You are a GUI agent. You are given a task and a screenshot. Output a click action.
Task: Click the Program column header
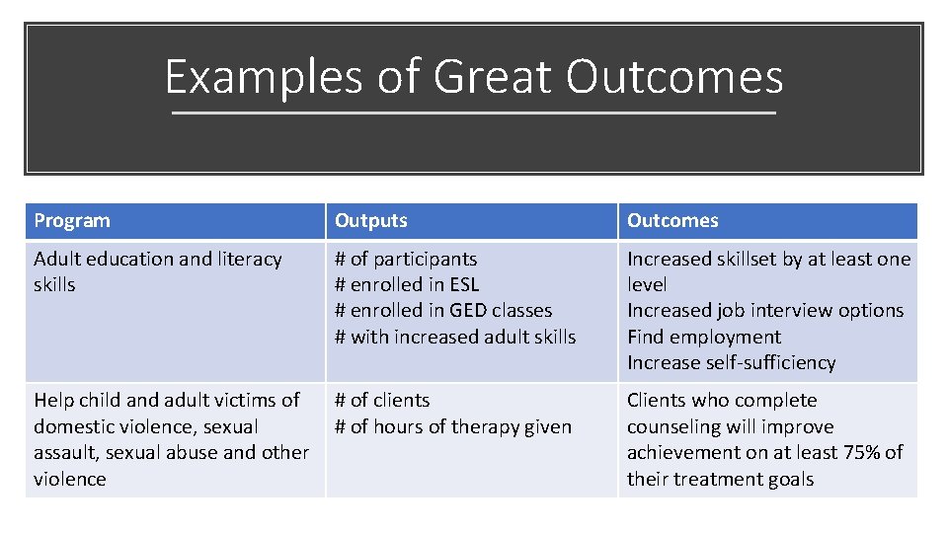[72, 220]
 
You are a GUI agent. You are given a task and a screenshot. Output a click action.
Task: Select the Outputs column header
[371, 220]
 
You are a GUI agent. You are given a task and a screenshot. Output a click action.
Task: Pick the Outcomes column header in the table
[672, 220]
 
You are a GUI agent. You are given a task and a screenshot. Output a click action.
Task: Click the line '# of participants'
[406, 259]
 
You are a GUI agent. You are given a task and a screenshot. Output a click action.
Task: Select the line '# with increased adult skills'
[455, 337]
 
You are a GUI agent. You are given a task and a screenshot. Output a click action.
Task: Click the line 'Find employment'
[703, 337]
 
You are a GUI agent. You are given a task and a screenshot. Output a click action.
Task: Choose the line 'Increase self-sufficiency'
[731, 362]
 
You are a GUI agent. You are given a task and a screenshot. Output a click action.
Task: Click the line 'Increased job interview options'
[765, 310]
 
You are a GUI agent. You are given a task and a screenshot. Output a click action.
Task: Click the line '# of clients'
[382, 400]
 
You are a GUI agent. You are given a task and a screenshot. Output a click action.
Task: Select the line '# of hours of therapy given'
[453, 426]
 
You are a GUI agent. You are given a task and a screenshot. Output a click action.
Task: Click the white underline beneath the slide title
[474, 114]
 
